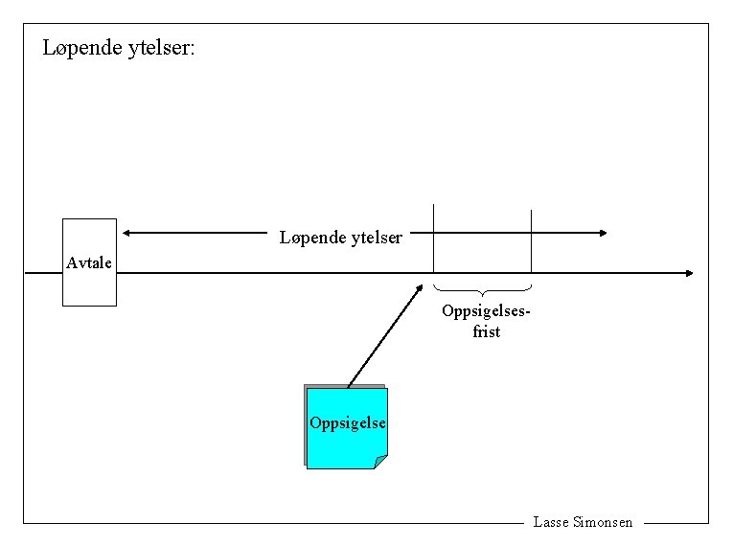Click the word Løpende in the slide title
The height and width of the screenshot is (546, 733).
82,48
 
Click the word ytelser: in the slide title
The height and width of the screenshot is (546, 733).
161,48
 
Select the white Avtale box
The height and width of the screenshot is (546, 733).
89,287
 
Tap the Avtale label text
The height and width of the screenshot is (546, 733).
89,262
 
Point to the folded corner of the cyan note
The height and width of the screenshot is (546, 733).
380,462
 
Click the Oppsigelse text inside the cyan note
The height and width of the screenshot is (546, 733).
348,423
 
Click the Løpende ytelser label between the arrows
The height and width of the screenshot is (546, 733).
340,237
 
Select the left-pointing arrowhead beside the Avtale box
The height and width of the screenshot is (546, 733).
127,232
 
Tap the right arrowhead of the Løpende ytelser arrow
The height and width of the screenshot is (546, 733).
602,232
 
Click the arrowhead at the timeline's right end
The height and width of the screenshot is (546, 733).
688,273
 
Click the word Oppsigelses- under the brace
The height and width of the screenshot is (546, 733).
486,311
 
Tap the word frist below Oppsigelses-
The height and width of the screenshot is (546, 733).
486,331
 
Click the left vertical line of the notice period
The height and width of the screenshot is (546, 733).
434,239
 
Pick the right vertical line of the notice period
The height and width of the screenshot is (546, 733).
531,239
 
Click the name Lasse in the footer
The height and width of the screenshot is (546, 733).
550,522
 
